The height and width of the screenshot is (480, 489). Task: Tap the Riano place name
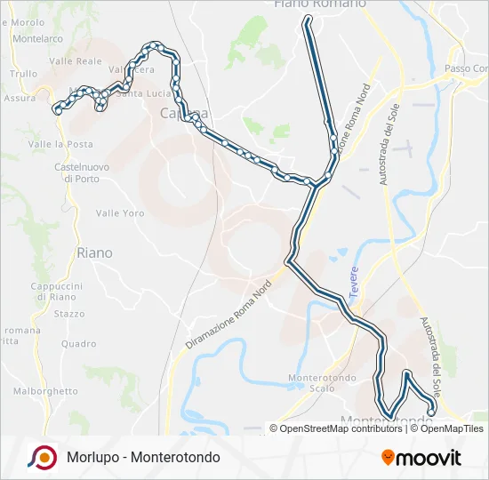95,253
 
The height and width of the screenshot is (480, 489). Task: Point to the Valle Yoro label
120,213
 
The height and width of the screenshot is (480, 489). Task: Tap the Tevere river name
354,276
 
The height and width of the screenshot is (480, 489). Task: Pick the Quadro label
79,344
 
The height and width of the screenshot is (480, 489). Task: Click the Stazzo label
69,314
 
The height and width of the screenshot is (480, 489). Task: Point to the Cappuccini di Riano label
56,292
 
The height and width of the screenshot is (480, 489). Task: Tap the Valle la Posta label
60,144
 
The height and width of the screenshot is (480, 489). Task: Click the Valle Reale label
76,61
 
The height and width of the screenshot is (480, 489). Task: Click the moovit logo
421,458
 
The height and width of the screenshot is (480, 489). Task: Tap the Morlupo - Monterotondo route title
143,457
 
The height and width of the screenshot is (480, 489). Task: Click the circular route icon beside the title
41,457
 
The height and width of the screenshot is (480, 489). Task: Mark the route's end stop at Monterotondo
431,410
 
